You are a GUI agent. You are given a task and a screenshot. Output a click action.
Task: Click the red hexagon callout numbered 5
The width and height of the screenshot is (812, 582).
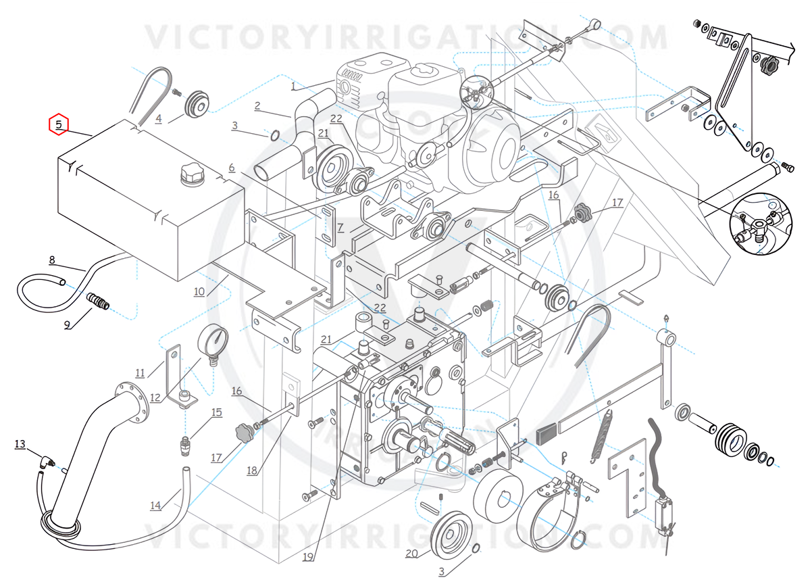59,124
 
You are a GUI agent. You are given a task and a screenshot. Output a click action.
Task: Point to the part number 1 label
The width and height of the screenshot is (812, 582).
293,86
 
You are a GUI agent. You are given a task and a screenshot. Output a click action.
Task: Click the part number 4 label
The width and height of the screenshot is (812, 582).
159,119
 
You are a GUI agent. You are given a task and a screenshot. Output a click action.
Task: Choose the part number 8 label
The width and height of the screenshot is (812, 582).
51,260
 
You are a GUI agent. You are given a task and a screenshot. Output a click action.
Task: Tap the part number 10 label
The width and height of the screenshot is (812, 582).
199,291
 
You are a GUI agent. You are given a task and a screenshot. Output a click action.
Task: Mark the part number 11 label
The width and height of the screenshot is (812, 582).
140,372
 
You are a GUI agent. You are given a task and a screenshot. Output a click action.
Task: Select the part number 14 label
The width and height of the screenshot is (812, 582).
156,505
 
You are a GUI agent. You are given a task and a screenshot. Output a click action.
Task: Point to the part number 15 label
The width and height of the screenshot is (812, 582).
216,412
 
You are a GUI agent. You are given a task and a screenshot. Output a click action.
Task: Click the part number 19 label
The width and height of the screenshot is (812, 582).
308,557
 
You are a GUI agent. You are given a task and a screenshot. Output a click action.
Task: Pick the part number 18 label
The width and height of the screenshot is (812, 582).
252,470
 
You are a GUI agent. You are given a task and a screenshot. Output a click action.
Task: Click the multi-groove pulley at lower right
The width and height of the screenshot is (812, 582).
730,440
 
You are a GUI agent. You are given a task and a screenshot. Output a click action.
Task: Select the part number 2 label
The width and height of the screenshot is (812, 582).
257,105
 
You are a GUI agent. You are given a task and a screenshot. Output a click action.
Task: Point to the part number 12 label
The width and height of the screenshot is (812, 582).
155,398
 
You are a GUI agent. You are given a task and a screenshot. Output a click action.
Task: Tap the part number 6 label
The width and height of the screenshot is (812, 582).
231,167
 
